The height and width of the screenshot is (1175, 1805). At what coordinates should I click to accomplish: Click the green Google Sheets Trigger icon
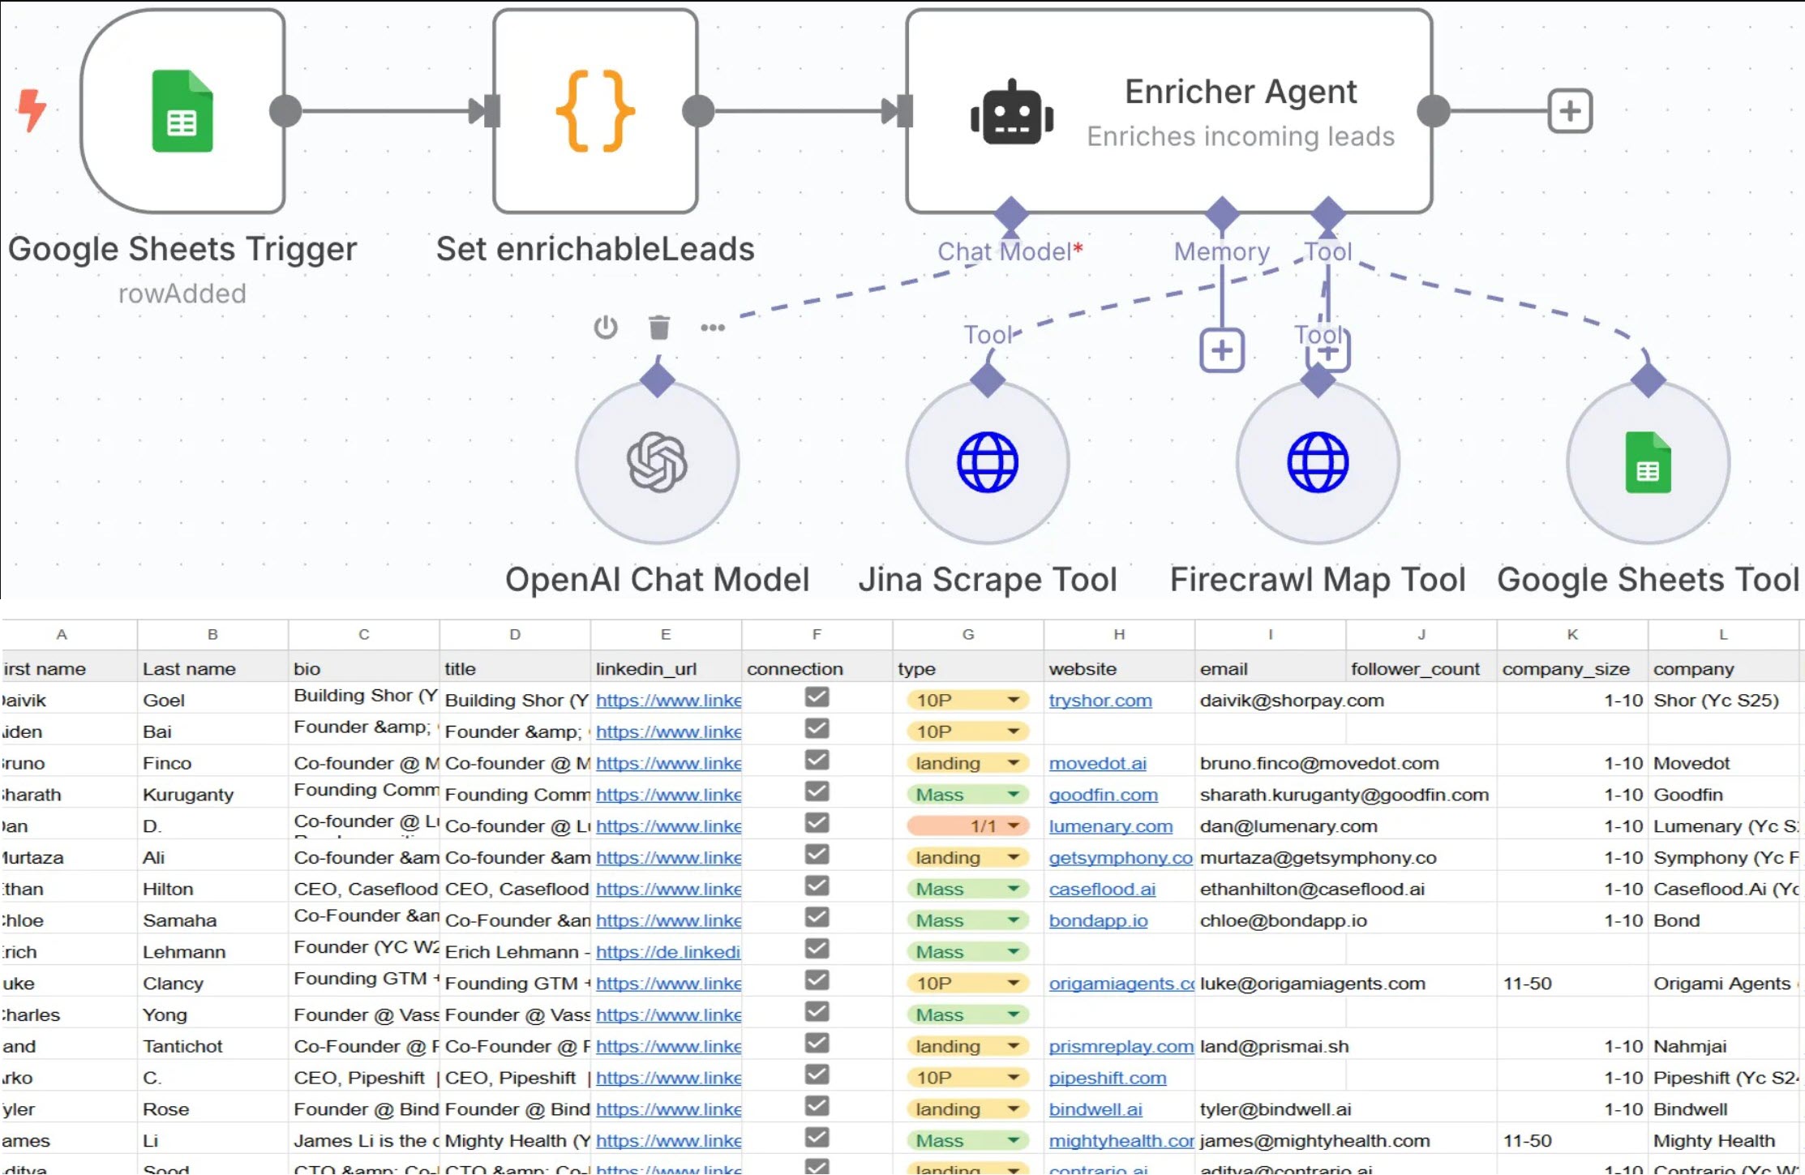[x=182, y=111]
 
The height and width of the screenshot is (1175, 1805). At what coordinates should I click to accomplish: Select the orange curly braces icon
[x=595, y=111]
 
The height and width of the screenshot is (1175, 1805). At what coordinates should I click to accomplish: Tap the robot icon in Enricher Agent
[x=1012, y=113]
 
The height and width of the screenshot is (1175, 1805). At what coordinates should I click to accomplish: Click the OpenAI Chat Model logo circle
[x=657, y=462]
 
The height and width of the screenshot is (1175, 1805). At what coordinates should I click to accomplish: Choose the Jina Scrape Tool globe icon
[x=987, y=462]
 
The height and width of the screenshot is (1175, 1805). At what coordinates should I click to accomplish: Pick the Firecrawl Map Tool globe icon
[x=1318, y=462]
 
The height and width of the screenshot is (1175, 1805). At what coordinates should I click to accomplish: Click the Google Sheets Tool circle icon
[x=1648, y=462]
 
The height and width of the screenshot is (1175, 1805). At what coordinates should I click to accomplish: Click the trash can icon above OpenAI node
[x=659, y=328]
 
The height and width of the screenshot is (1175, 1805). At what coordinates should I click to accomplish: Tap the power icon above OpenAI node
[x=606, y=328]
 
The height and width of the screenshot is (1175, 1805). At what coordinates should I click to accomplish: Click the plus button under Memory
[x=1221, y=350]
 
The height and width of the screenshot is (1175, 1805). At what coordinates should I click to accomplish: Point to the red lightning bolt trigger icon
[x=32, y=109]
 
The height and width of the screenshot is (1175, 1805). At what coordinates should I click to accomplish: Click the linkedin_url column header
[x=646, y=669]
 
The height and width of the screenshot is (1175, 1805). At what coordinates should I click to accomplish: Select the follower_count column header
[x=1415, y=669]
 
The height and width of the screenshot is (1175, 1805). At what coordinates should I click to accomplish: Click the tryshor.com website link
[x=1100, y=701]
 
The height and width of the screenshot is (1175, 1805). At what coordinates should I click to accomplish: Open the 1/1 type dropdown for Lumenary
[x=1014, y=826]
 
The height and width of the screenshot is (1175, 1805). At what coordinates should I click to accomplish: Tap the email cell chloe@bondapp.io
[x=1283, y=921]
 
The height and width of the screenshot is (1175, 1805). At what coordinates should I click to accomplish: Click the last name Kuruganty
[x=188, y=795]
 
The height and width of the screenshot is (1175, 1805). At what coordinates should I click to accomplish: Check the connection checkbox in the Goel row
[x=817, y=697]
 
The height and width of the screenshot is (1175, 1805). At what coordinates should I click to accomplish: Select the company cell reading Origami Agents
[x=1721, y=984]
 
